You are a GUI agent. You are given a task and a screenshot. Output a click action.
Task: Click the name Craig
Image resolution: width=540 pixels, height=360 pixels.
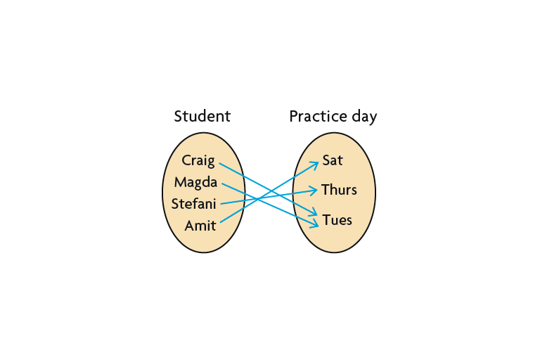point(198,160)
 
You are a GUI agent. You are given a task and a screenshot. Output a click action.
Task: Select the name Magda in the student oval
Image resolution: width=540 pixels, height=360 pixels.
point(195,183)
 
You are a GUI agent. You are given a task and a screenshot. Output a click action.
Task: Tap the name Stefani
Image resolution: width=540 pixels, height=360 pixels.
point(194,205)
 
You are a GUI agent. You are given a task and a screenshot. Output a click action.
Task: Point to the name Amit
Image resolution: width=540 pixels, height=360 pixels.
point(200,226)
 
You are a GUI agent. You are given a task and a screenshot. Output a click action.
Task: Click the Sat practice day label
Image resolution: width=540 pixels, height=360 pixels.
point(332,160)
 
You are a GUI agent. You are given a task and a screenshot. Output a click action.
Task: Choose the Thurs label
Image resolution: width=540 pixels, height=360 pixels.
point(339,190)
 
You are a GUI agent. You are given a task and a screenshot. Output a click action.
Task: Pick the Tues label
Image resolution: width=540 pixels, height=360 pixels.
point(337,220)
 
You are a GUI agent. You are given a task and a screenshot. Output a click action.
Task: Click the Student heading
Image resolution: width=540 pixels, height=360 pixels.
point(202,116)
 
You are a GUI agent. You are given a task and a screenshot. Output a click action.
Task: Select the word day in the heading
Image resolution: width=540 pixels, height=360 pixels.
point(364,117)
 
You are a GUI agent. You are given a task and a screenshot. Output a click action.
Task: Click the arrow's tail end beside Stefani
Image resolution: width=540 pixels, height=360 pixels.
point(221,204)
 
